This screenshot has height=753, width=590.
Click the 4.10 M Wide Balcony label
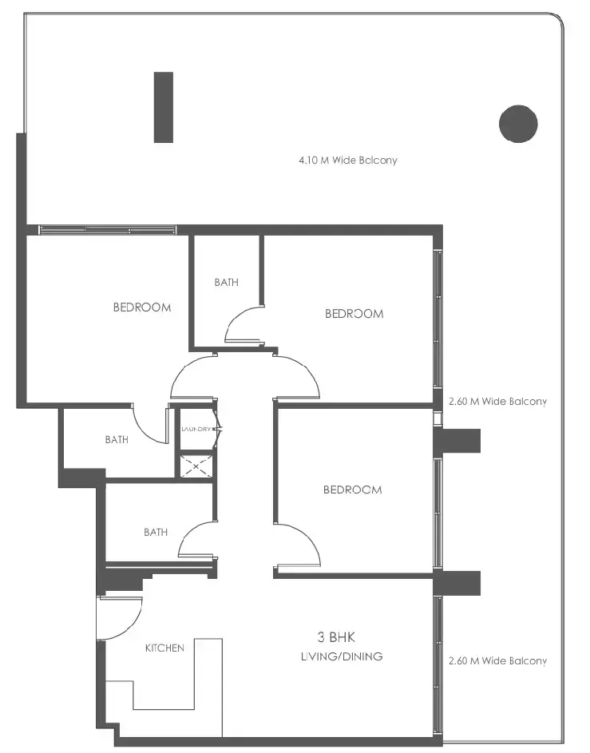(x=347, y=161)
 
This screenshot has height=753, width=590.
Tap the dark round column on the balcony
(x=518, y=124)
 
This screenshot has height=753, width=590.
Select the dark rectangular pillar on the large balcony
(x=164, y=107)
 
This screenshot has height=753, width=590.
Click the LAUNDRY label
(x=196, y=430)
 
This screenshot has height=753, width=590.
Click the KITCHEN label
(x=164, y=648)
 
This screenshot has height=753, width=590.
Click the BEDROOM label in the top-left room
(x=142, y=307)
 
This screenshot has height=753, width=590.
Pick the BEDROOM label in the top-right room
(x=354, y=314)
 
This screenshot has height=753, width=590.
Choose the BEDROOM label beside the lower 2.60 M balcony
(x=352, y=489)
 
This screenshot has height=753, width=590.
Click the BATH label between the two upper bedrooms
(x=226, y=282)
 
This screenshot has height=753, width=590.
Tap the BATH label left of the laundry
(x=117, y=439)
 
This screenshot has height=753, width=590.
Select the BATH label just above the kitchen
(x=156, y=532)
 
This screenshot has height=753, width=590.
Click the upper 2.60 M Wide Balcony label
(x=497, y=402)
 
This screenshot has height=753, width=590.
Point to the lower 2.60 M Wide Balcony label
(x=497, y=661)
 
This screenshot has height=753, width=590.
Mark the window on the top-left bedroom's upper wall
(x=107, y=230)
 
